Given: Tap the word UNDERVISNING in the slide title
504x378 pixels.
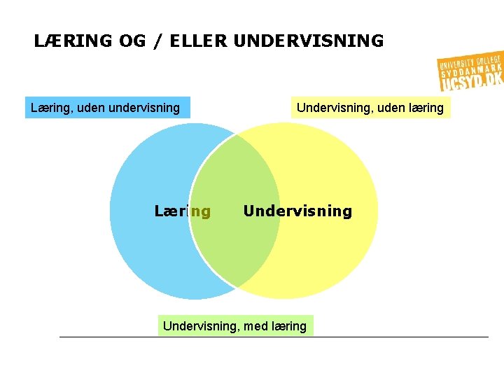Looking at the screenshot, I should coord(309,41).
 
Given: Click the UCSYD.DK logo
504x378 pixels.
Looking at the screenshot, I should coord(470,72).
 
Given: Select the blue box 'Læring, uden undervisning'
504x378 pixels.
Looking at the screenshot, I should coord(107,108).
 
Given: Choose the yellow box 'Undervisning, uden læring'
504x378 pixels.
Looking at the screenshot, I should coord(370,108).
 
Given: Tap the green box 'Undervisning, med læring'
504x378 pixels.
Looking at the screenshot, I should coord(234,325).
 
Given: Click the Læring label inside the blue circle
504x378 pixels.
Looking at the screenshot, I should coord(182,211).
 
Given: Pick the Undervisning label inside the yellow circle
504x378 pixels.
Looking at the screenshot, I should coord(297,211).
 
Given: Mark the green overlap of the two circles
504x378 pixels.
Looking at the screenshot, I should coord(234,238).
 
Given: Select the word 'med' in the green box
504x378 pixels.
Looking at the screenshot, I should coord(254,326).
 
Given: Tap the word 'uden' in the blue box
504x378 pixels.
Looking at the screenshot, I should coord(92,108).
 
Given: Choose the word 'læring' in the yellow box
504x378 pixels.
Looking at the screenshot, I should coord(426,108).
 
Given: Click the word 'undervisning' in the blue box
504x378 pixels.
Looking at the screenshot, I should coord(144,108).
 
